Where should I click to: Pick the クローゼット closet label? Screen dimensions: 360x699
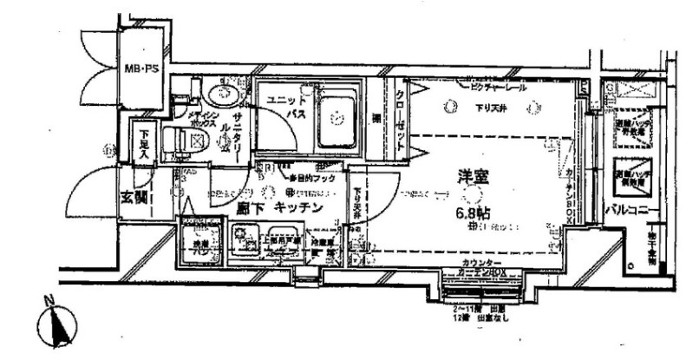click(400, 121)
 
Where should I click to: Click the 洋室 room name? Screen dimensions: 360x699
click(474, 178)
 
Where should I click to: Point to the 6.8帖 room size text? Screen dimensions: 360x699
click(473, 210)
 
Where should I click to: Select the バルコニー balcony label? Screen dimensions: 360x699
click(627, 210)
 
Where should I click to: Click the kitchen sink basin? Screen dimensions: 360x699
click(284, 243)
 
